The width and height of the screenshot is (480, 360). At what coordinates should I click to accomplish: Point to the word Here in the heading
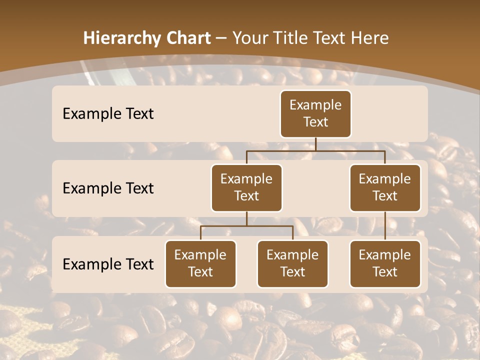pos(369,38)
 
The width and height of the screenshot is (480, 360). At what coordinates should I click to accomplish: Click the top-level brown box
pos(315,114)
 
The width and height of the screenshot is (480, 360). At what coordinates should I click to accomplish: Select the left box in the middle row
pos(246,188)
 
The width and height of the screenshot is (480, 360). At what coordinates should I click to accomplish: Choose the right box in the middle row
pos(385,188)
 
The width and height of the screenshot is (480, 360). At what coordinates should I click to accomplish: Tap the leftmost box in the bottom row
pos(200,264)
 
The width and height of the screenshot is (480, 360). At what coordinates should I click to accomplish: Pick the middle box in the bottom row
pos(292,264)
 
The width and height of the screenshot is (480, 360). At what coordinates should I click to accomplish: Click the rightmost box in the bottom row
pos(385,264)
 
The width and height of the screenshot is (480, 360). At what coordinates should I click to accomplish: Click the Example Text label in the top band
pos(108,114)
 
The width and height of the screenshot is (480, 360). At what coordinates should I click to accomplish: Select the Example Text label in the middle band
pos(108,188)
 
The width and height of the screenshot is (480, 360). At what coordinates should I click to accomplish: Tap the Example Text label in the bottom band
pos(108,264)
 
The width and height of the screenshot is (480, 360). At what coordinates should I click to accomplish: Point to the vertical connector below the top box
pos(315,144)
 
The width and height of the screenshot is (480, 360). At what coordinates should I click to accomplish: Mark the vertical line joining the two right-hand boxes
pos(385,226)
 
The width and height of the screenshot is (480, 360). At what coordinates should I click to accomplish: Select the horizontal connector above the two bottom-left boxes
pos(246,226)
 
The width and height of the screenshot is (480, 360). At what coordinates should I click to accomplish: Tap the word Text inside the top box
pos(315,122)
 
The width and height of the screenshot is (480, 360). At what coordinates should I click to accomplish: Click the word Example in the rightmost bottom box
pos(385,255)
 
